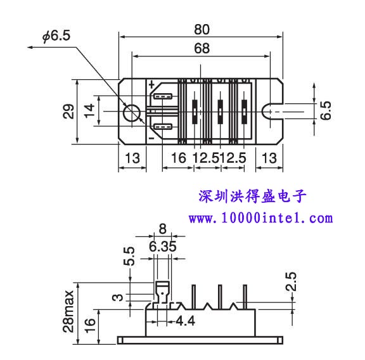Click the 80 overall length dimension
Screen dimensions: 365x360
tap(202, 30)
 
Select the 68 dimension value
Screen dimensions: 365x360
tap(202, 48)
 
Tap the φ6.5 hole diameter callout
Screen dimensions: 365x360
tap(56, 36)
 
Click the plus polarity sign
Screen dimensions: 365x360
tap(152, 84)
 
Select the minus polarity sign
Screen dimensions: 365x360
tap(151, 138)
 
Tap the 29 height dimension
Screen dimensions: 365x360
tap(68, 112)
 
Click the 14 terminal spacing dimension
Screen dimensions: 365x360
tap(89, 111)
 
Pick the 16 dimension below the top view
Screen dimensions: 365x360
tap(179, 158)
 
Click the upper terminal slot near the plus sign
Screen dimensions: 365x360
tap(163, 96)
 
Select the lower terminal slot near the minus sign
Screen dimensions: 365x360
tap(163, 127)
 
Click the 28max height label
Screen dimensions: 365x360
tap(68, 311)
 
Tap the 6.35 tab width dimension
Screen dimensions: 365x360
tap(162, 247)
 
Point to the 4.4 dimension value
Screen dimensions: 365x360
tap(185, 321)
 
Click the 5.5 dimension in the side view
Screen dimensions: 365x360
tap(129, 256)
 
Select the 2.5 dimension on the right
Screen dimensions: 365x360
tap(291, 281)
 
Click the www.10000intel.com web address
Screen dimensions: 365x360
tap(260, 218)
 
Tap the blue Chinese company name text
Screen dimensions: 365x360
tap(252, 196)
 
